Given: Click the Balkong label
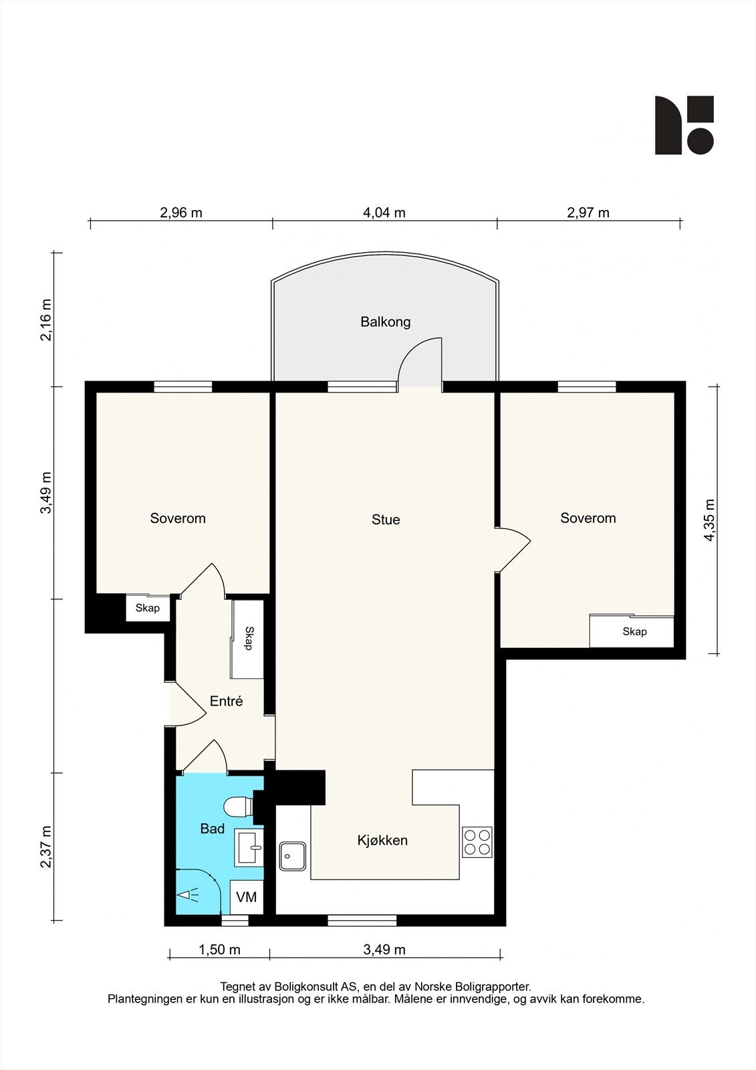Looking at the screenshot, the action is click(386, 322).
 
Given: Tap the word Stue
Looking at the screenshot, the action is click(386, 520).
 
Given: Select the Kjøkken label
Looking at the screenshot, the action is click(382, 840).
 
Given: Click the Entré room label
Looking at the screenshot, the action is click(227, 701).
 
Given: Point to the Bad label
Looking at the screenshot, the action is click(213, 829).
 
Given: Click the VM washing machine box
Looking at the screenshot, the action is click(247, 897).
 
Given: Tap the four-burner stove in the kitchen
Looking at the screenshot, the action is click(477, 842).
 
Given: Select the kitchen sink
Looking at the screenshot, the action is click(293, 856).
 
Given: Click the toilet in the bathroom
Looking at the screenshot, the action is click(239, 807).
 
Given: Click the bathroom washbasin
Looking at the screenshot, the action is click(249, 847).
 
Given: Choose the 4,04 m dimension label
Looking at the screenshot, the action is click(384, 213).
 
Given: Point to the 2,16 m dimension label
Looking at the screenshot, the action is click(46, 320).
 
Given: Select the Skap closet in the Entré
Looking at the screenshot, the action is click(247, 639).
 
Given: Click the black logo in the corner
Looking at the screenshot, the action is click(684, 125).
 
